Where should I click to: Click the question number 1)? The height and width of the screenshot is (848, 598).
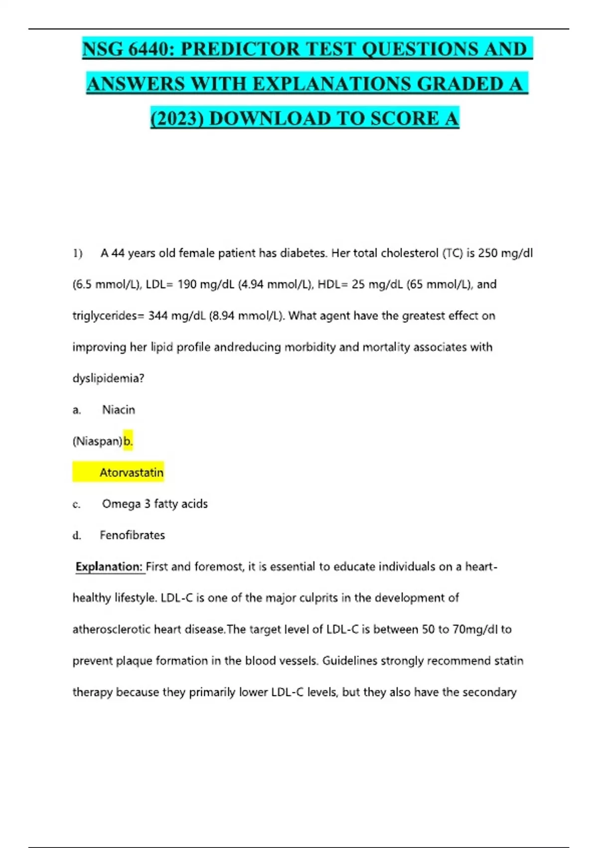(x=77, y=253)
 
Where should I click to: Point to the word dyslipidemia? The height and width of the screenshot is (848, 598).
(x=108, y=378)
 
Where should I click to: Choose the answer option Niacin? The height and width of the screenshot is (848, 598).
(x=119, y=410)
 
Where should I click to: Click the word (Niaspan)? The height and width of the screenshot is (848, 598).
(x=97, y=441)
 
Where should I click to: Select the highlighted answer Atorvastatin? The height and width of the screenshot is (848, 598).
(x=132, y=472)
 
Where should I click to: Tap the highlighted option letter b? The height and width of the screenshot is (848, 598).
(x=128, y=441)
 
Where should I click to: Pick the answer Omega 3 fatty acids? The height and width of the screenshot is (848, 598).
(x=155, y=504)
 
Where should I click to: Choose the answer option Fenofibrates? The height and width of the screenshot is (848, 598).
(x=132, y=535)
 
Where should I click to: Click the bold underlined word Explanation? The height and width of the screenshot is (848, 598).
(x=109, y=567)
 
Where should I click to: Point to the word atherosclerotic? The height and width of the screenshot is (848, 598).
(x=111, y=630)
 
